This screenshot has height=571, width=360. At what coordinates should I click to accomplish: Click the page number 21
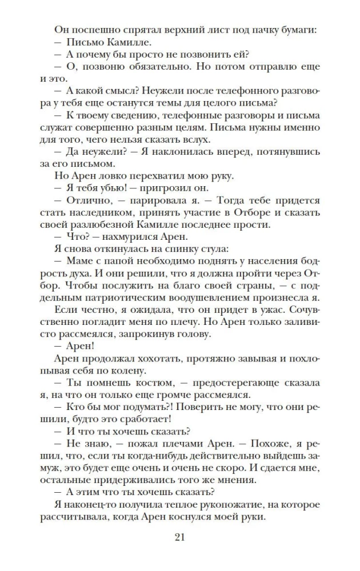(x=179, y=537)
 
